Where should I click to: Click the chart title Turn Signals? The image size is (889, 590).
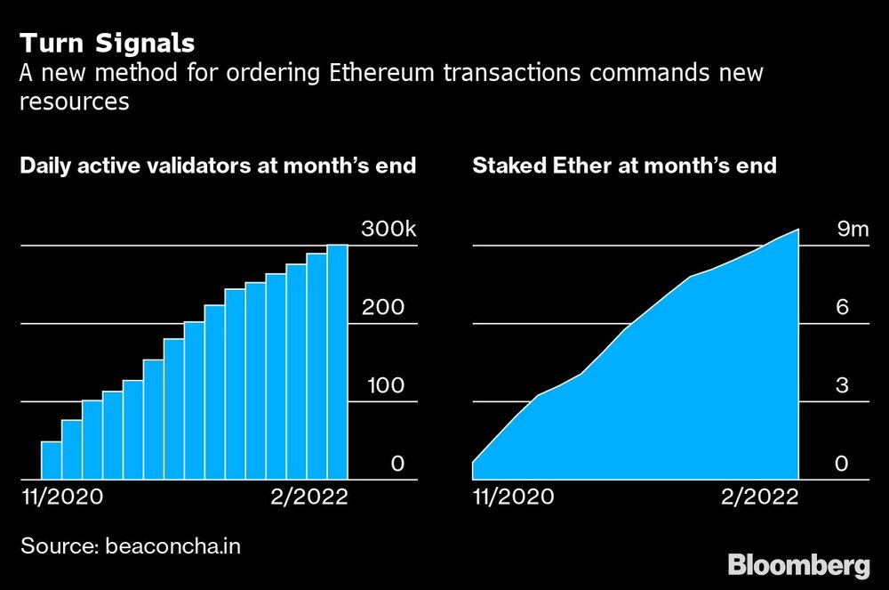pyautogui.click(x=108, y=43)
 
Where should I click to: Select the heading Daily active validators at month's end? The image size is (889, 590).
pyautogui.click(x=218, y=166)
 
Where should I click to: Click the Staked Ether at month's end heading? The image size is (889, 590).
pyautogui.click(x=624, y=166)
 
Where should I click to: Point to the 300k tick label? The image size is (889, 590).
pyautogui.click(x=388, y=230)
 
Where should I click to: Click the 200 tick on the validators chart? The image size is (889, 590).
pyautogui.click(x=382, y=308)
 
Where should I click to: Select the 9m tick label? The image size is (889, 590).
pyautogui.click(x=852, y=230)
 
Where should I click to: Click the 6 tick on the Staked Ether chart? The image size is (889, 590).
pyautogui.click(x=843, y=308)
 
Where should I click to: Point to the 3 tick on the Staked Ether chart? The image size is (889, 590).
pyautogui.click(x=843, y=386)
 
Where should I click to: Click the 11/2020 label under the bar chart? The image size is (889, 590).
pyautogui.click(x=61, y=496)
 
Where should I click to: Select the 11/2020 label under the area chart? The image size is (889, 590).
pyautogui.click(x=513, y=496)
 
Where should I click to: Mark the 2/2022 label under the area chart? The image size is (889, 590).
pyautogui.click(x=757, y=496)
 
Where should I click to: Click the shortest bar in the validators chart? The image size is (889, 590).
pyautogui.click(x=52, y=460)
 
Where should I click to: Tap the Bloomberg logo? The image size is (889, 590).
pyautogui.click(x=798, y=564)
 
